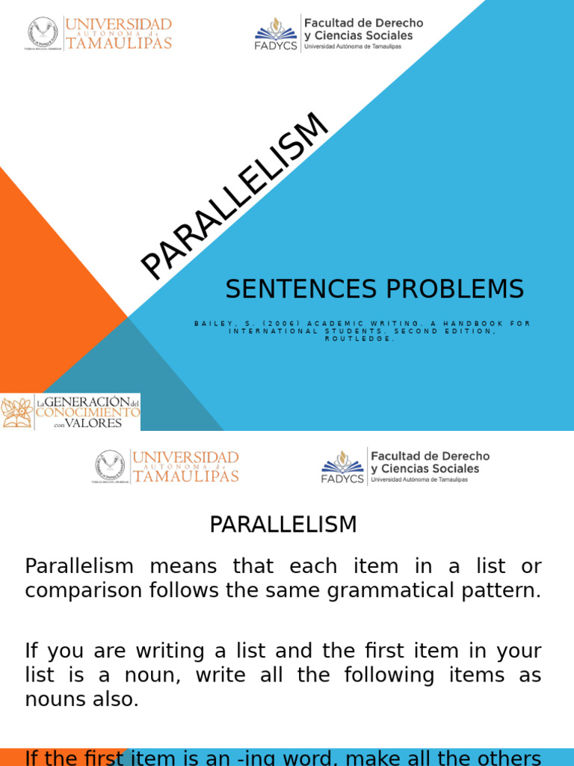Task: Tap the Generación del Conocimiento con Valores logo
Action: [x=70, y=412]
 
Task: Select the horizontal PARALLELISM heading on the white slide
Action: [x=283, y=524]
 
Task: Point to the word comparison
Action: [x=75, y=590]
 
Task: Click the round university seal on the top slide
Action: [x=43, y=34]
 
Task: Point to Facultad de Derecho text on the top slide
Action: [x=363, y=23]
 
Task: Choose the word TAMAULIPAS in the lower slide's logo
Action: [x=185, y=476]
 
